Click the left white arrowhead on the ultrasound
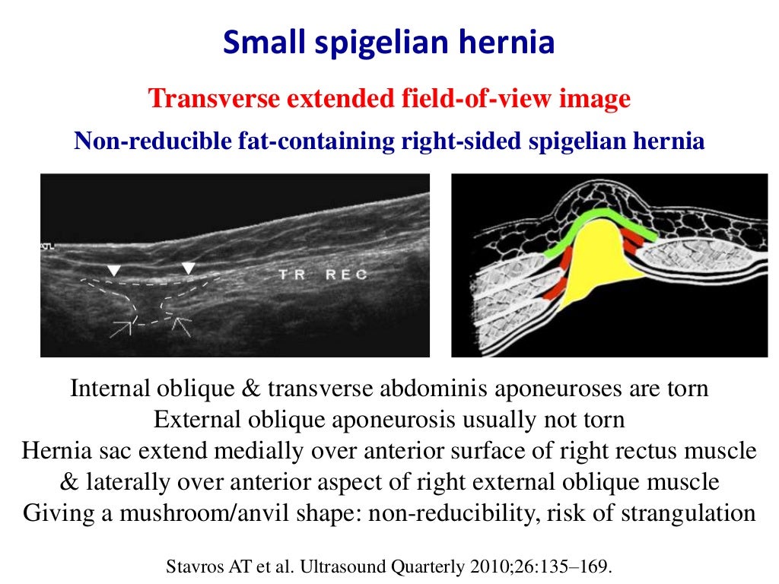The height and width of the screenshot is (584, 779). pyautogui.click(x=113, y=270)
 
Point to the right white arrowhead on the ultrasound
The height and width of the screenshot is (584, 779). pyautogui.click(x=189, y=268)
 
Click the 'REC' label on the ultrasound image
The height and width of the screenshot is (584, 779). pyautogui.click(x=346, y=275)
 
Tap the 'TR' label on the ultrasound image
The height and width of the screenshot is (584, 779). pyautogui.click(x=291, y=275)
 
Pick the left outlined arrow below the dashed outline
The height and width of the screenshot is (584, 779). pyautogui.click(x=121, y=327)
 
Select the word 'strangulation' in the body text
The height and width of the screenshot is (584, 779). pyautogui.click(x=688, y=512)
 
